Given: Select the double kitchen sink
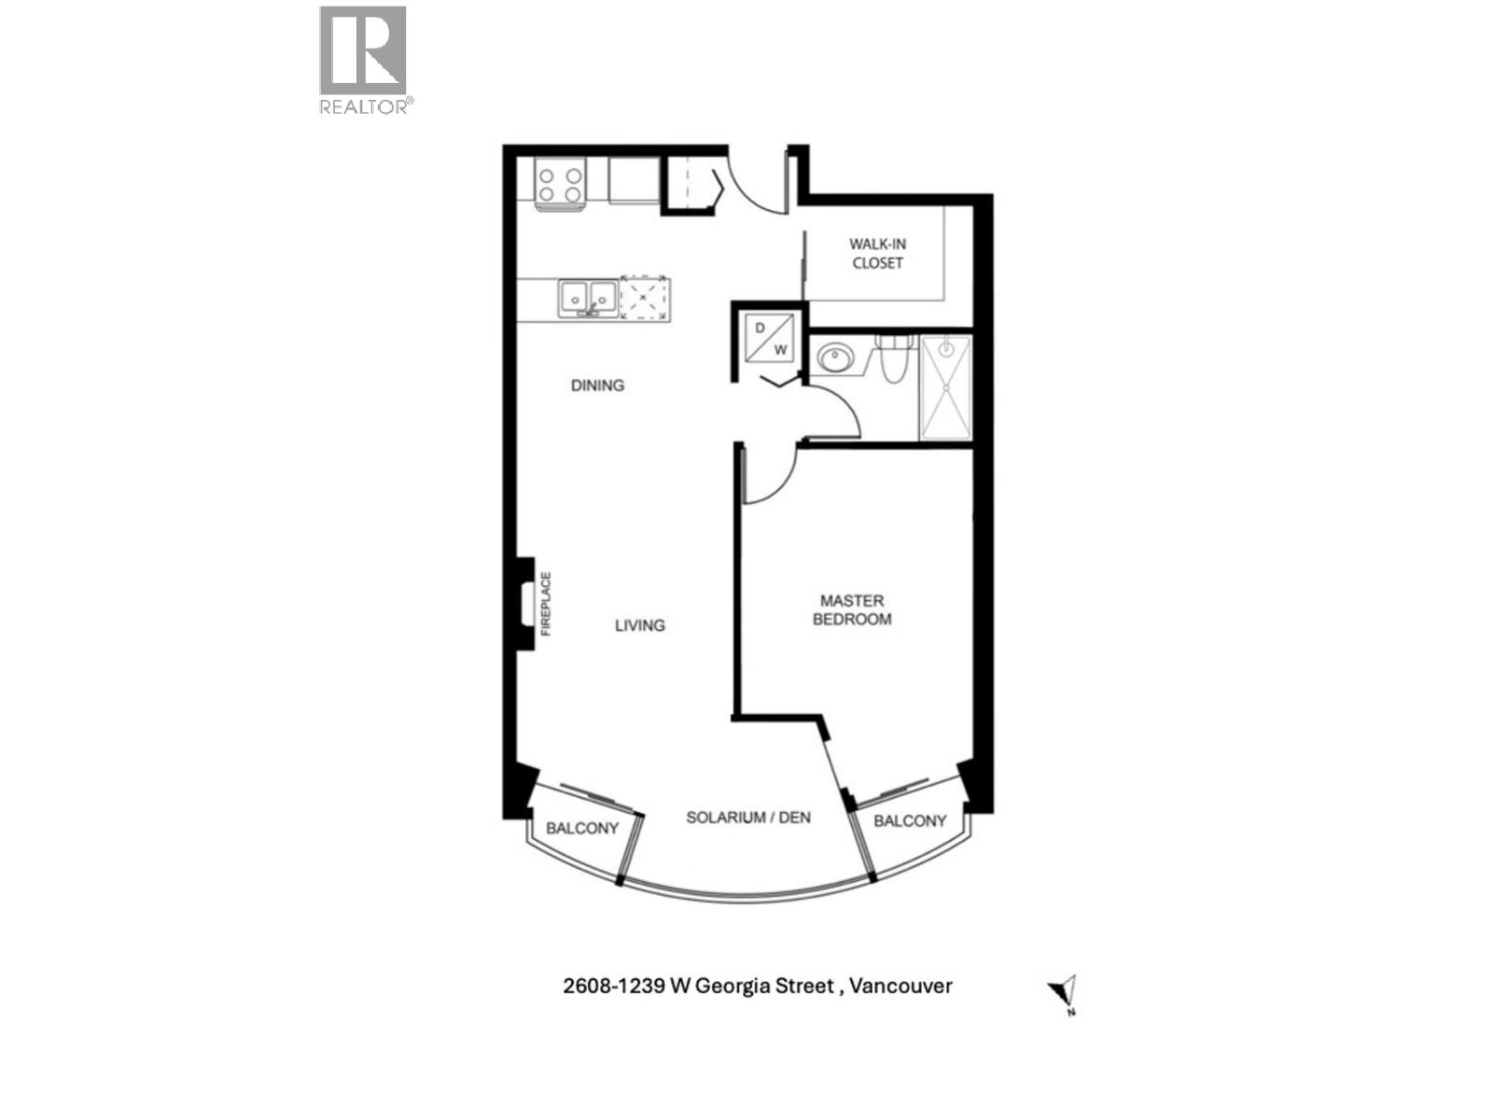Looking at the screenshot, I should [588, 299].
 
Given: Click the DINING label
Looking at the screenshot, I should [597, 385].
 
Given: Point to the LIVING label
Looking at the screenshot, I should [639, 624].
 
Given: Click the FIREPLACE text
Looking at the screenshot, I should [547, 604].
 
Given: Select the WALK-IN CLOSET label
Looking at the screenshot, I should [877, 253].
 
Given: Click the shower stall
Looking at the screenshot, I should [946, 387].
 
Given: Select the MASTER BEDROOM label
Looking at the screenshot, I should [852, 609].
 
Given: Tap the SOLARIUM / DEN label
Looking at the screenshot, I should [748, 818].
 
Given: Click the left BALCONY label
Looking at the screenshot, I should [582, 828].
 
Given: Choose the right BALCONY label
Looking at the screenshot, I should [910, 820].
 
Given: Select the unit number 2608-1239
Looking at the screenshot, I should [613, 986].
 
